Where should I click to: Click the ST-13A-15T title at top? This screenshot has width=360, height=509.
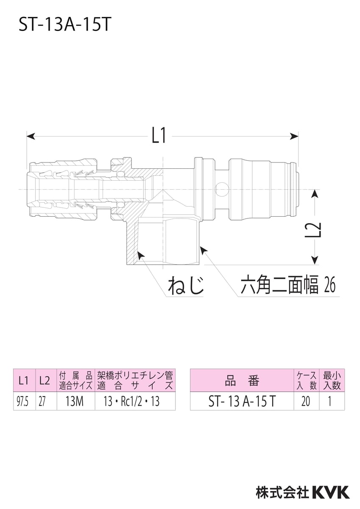64,25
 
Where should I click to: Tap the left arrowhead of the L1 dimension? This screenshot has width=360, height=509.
30,136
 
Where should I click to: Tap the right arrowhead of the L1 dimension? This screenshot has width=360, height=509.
294,136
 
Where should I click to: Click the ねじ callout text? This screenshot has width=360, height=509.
186,285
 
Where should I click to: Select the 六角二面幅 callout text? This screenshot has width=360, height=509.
279,285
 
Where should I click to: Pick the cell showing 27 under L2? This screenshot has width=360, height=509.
42,401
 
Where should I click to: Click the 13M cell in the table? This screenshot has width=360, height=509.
75,401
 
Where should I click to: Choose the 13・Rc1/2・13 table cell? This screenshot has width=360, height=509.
134,401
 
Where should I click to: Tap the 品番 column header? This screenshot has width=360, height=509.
242,380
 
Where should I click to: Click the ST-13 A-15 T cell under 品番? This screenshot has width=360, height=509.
242,401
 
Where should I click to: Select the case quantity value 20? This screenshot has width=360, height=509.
306,401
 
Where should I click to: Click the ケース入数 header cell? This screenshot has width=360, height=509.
306,380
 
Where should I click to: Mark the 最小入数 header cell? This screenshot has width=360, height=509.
332,380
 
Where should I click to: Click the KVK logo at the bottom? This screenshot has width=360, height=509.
331,492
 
